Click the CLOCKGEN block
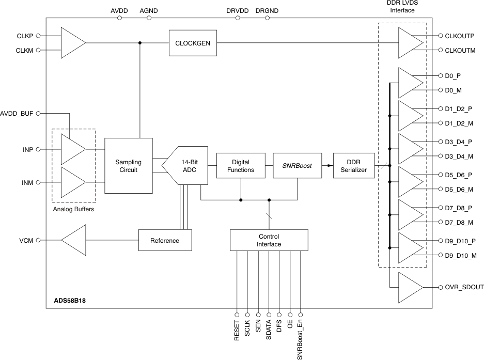[193, 43]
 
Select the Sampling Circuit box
[128, 166]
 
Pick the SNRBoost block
[296, 165]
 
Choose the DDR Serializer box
[353, 165]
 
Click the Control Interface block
[269, 240]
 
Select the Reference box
[165, 240]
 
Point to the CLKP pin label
[25, 36]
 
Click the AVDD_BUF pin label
[17, 113]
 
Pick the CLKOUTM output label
[460, 50]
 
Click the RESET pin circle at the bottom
[237, 314]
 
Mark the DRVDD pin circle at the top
[238, 18]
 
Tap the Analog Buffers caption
[73, 210]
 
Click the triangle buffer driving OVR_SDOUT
[410, 287]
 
